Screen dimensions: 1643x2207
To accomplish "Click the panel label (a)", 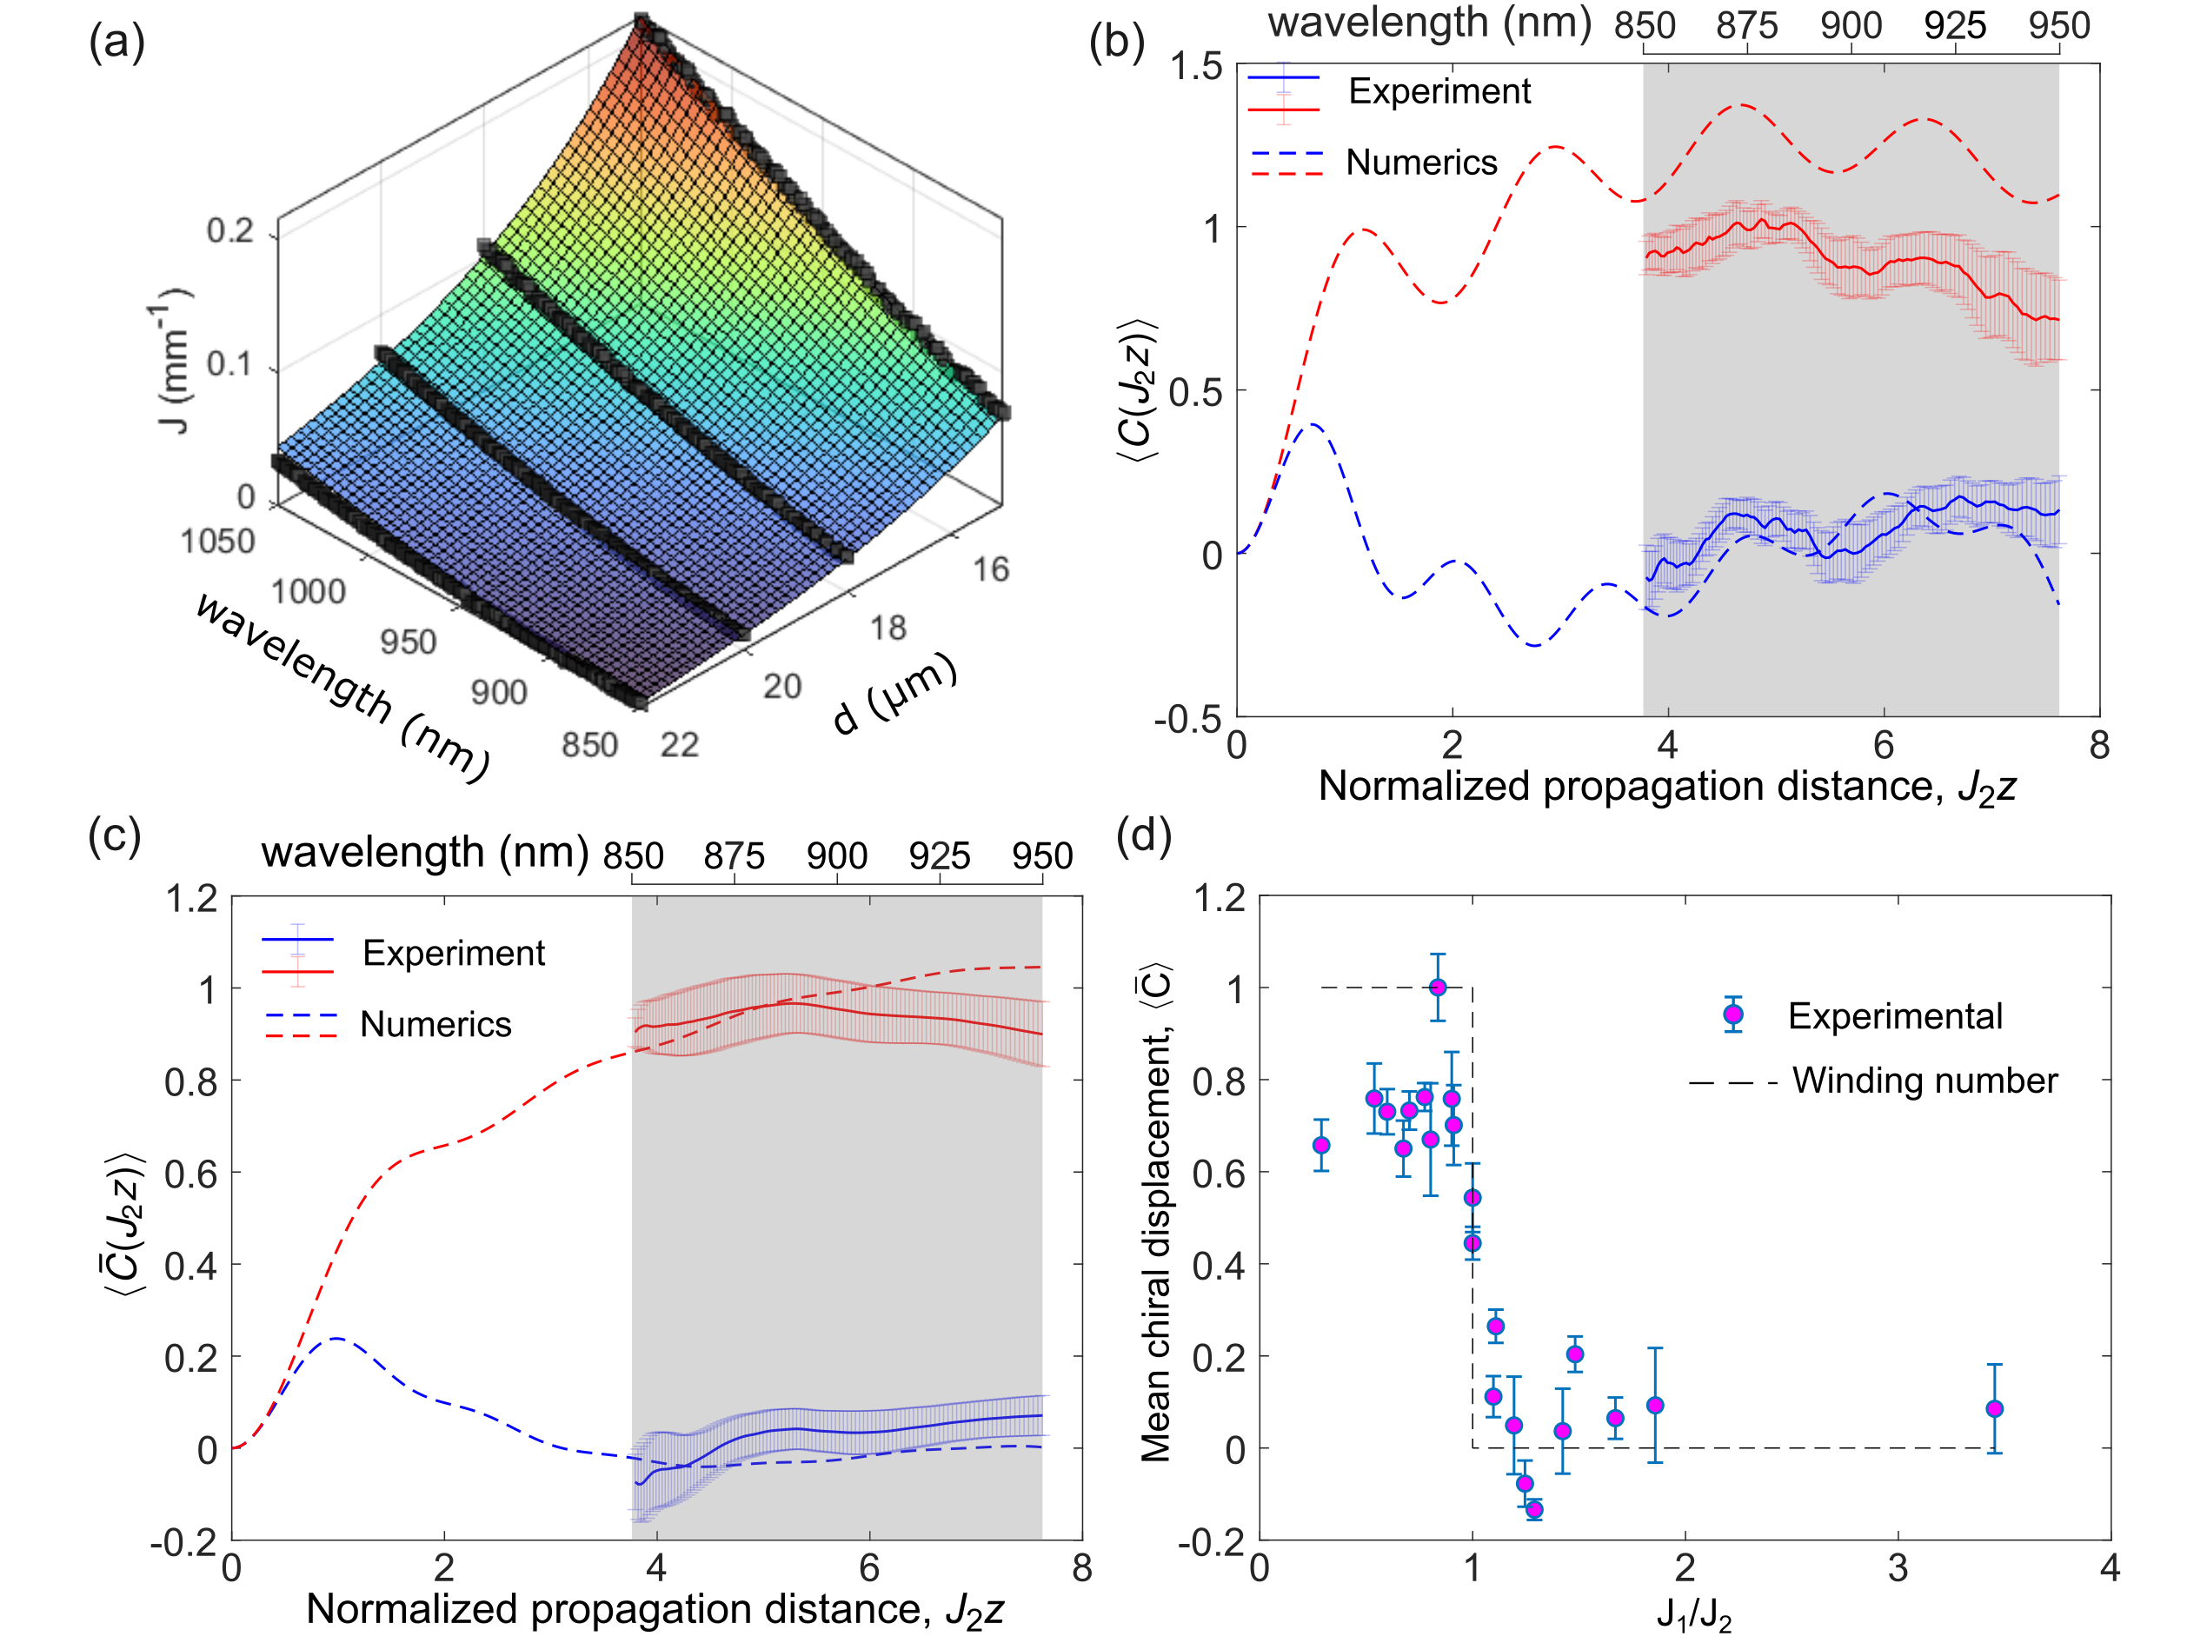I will (x=116, y=43).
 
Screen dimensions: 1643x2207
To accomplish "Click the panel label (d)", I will (x=1143, y=835).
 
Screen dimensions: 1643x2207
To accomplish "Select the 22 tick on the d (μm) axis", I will (x=679, y=745).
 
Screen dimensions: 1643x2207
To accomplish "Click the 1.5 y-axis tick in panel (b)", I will (x=1195, y=67).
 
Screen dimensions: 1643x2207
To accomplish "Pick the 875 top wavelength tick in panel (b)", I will (x=1746, y=25).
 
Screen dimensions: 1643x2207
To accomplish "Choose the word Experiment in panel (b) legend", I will (x=1439, y=91).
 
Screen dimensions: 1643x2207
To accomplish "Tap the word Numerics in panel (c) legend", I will (x=435, y=1024).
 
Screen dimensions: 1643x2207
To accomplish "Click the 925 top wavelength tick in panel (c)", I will (x=939, y=856).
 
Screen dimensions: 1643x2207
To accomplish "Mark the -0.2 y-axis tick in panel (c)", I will (x=184, y=1541).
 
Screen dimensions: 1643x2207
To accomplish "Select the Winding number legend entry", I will (x=1924, y=1081).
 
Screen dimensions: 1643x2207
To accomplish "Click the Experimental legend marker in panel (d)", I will (x=1732, y=1014).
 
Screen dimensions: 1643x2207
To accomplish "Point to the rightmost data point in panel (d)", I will (x=1994, y=1409).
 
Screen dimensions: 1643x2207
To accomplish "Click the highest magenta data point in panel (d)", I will (x=1437, y=988).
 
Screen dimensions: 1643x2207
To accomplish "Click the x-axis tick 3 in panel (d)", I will (x=1898, y=1569).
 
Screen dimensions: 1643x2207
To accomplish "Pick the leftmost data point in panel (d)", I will (x=1321, y=1146).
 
